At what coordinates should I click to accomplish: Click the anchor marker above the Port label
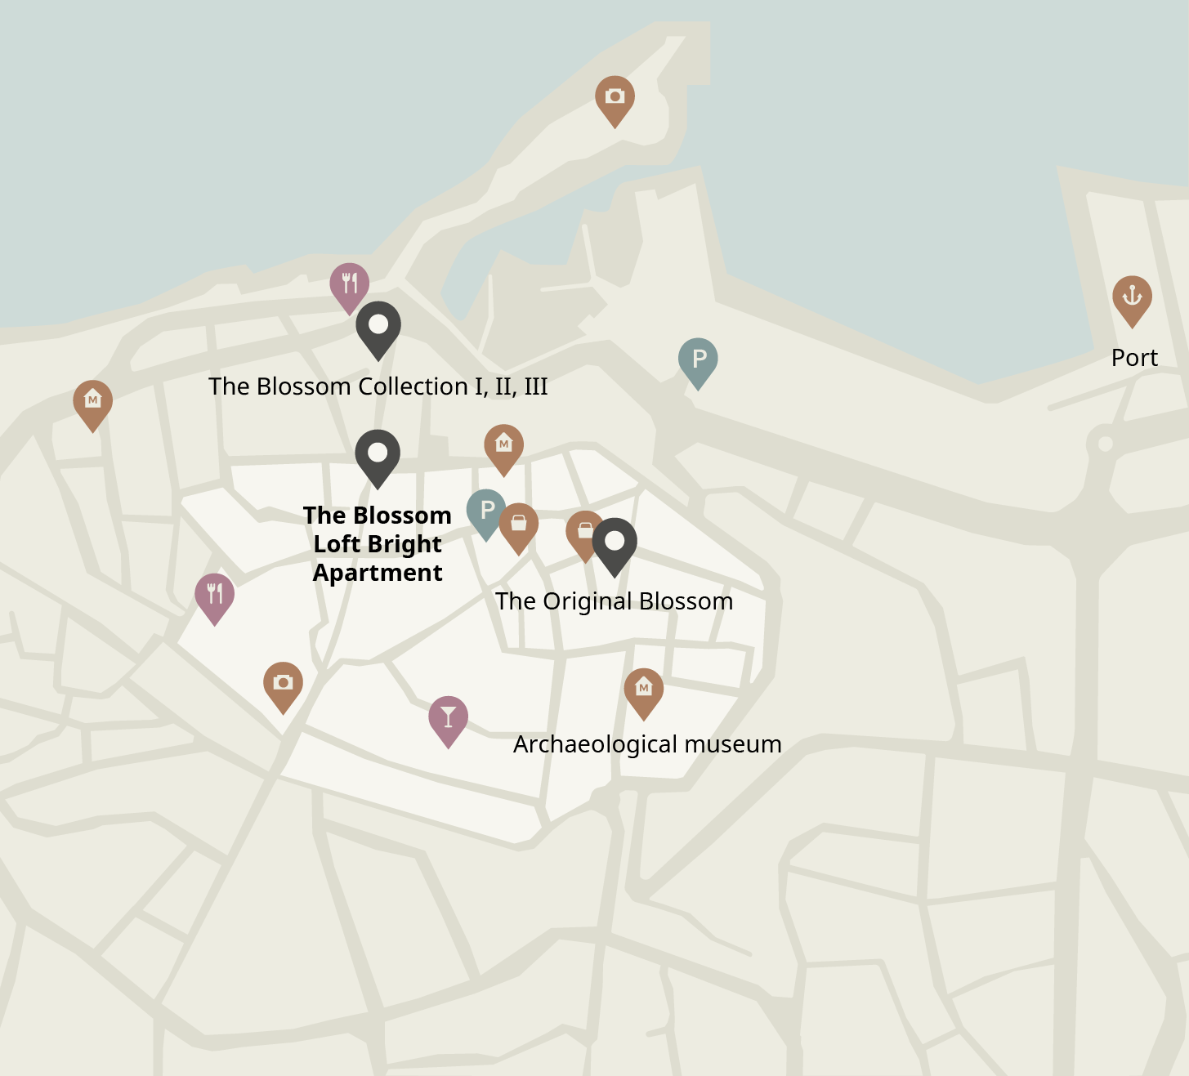click(x=1132, y=297)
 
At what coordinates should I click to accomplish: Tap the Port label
click(x=1134, y=358)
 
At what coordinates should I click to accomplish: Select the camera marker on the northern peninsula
click(x=615, y=98)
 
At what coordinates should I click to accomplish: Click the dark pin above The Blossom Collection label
click(x=378, y=326)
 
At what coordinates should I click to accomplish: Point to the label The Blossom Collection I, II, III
click(x=378, y=386)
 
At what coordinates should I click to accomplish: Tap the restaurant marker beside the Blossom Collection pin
click(x=349, y=284)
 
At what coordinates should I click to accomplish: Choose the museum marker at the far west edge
click(x=93, y=401)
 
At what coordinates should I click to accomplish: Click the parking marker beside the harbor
click(x=698, y=359)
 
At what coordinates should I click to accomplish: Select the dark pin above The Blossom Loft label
click(x=378, y=454)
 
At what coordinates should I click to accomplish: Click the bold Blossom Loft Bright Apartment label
click(x=378, y=544)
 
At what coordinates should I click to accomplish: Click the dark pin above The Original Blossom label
click(x=615, y=542)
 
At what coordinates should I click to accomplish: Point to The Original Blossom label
click(x=614, y=601)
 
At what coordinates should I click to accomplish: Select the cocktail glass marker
click(x=448, y=717)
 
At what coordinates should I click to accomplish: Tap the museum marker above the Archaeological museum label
click(x=643, y=690)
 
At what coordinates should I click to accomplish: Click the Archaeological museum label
click(x=647, y=744)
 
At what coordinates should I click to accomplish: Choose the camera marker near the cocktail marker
click(x=283, y=683)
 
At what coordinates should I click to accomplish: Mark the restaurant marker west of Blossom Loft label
click(x=215, y=595)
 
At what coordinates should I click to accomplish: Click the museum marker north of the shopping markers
click(x=503, y=446)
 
